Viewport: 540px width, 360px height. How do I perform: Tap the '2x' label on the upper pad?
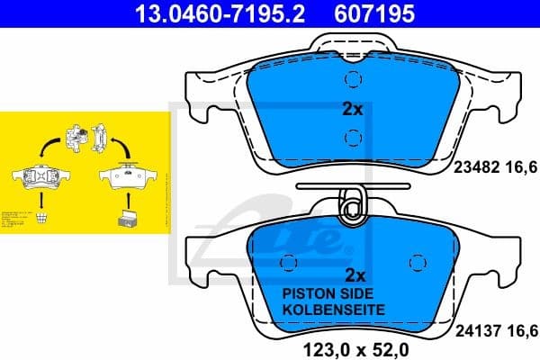coord(352,110)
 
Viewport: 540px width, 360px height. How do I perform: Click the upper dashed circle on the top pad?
coord(353,80)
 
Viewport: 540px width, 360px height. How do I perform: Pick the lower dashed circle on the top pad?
coord(353,138)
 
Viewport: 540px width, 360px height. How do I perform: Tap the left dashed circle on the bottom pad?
coord(288,262)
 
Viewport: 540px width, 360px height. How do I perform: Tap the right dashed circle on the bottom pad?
coord(416,262)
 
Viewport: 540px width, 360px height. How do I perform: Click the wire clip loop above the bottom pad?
coord(352,206)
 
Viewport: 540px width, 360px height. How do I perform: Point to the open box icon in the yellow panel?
coord(127,215)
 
